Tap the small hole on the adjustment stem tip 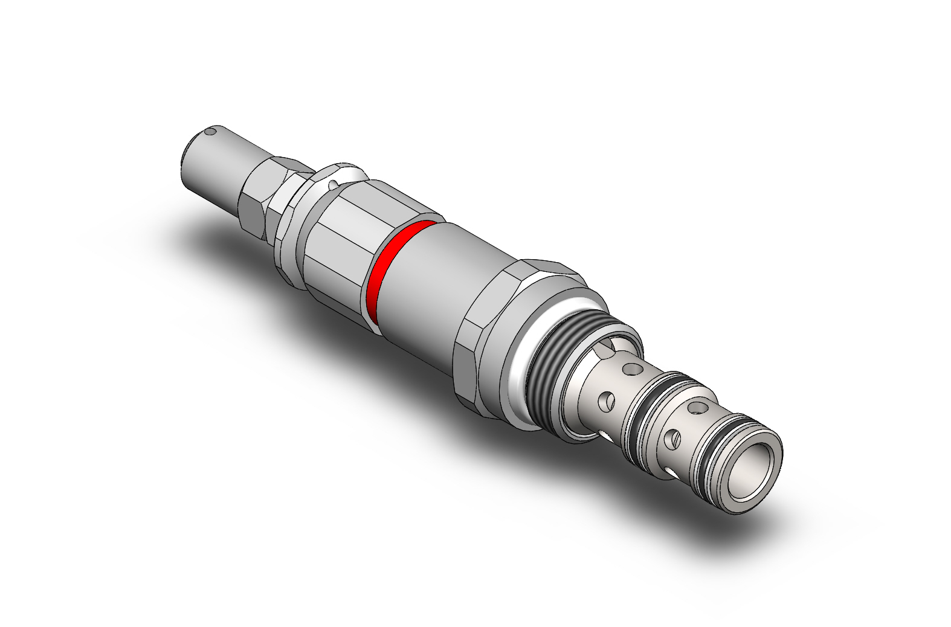(x=210, y=130)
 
